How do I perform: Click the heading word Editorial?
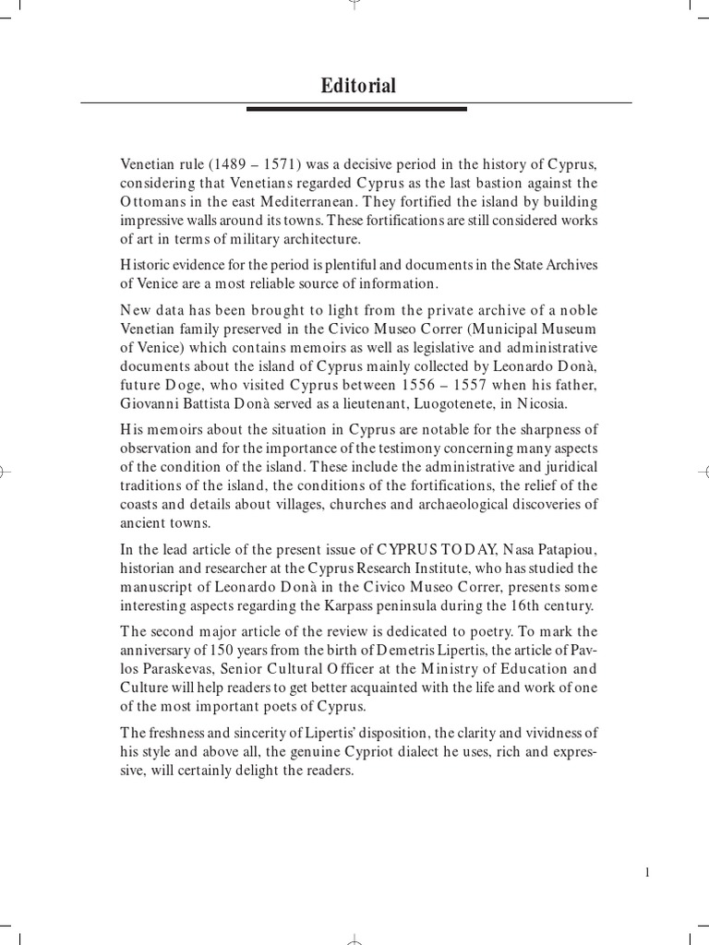click(358, 86)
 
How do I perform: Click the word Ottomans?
click(156, 202)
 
